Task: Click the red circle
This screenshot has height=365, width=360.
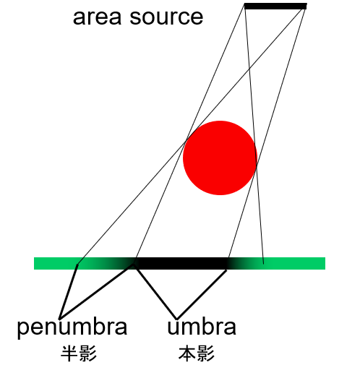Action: tap(220, 158)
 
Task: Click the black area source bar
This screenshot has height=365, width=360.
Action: tap(275, 7)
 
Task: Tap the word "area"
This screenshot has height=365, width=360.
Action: tap(97, 17)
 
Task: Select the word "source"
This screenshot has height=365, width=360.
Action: tap(166, 17)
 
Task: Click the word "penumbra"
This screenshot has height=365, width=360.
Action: tap(72, 328)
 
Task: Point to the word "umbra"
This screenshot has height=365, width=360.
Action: tap(202, 327)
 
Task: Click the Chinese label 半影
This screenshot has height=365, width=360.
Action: tap(79, 353)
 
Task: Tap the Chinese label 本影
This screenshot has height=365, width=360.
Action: tap(197, 353)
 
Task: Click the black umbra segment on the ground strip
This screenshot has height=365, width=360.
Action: tap(181, 263)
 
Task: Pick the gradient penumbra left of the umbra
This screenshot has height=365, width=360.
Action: tap(106, 263)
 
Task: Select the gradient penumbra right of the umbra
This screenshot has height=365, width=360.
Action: tap(245, 263)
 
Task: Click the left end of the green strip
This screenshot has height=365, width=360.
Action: tap(34, 263)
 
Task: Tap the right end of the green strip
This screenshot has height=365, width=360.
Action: tap(325, 263)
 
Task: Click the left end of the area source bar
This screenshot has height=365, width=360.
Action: tap(244, 7)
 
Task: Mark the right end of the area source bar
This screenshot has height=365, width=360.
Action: tap(307, 7)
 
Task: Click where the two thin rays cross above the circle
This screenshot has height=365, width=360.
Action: tap(249, 69)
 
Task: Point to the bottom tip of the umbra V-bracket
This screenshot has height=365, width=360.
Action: tap(176, 319)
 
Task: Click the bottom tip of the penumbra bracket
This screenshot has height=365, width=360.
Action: tap(59, 319)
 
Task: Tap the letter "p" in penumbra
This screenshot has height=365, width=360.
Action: tap(23, 330)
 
